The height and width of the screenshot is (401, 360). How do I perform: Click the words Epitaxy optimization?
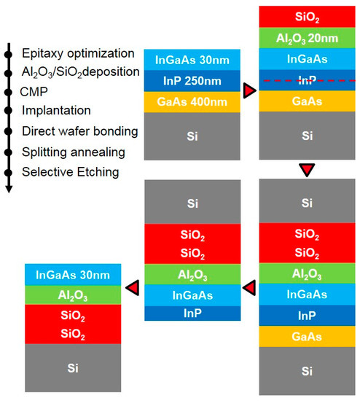[x=78, y=53]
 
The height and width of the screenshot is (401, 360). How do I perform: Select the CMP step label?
[x=34, y=92]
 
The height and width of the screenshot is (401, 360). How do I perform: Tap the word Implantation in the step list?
[x=56, y=111]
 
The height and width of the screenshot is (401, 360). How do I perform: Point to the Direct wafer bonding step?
[x=80, y=131]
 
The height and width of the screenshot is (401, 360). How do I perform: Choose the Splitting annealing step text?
[x=74, y=152]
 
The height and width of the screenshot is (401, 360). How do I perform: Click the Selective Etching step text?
[x=71, y=172]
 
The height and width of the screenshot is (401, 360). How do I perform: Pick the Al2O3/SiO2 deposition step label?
[x=81, y=72]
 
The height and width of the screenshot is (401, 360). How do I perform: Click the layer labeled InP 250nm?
[x=192, y=81]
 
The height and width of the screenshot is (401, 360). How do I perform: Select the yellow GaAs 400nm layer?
[x=192, y=102]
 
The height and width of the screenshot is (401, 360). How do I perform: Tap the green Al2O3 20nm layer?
[x=307, y=38]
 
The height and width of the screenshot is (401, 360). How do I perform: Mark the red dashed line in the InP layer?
[x=310, y=80]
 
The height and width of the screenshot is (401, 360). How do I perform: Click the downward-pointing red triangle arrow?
[x=307, y=170]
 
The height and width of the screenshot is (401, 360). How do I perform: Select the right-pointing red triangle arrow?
[x=249, y=90]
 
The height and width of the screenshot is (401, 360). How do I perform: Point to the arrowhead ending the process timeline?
[x=9, y=190]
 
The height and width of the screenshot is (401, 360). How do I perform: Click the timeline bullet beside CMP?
[x=9, y=92]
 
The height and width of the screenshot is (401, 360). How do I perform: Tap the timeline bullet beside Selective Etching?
[x=9, y=172]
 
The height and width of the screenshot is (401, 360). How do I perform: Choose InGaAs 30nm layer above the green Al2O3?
[x=73, y=275]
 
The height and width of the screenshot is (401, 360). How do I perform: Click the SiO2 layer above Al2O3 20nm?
[x=307, y=17]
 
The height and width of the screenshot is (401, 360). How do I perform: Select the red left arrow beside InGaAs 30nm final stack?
[x=133, y=288]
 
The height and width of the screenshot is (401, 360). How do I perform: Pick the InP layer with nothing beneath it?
[x=192, y=314]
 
